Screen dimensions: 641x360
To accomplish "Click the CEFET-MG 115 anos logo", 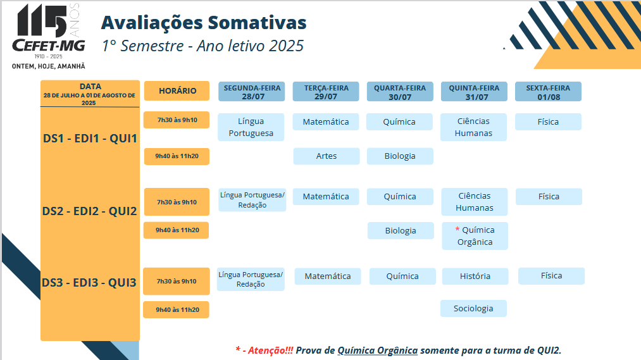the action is coord(49,36).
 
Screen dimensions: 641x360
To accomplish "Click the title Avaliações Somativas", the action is coord(204,23).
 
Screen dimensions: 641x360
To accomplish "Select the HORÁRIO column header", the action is coord(177,90).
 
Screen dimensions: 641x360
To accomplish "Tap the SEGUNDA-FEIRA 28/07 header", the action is coord(252,92).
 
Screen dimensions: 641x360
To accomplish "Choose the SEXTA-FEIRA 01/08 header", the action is coord(548,92).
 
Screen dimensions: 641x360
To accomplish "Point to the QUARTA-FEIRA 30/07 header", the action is coord(400,92).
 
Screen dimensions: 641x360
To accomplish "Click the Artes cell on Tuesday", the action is coord(327,156).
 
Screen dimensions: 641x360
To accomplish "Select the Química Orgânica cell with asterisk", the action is coord(475,236).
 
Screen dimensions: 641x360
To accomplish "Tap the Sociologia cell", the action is coord(473,309).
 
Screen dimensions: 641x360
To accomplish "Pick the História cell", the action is coord(475,276).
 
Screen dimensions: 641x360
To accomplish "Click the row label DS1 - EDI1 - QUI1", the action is coord(90,139).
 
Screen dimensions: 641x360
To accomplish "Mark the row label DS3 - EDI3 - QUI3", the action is coord(89,282).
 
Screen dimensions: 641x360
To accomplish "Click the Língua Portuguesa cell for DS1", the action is coord(251,127).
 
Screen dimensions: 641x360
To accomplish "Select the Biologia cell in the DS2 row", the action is coord(401,230).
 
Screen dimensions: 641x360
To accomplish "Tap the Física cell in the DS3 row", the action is coord(552,276).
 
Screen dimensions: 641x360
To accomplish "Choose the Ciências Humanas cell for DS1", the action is coord(473,127).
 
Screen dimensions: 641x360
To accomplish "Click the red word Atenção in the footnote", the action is coord(271,350).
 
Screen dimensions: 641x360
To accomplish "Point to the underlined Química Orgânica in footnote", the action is coord(377,351).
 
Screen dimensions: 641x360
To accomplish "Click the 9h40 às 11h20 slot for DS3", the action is coord(176,310).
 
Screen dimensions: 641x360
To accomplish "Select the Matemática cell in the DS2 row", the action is coord(326,197).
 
